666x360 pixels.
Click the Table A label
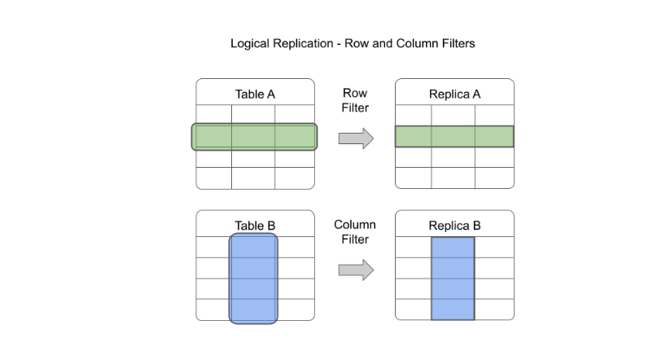click(255, 94)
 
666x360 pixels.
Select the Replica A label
click(454, 94)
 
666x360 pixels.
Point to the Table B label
click(255, 226)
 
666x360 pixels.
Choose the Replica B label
click(454, 226)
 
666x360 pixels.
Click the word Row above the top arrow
click(355, 94)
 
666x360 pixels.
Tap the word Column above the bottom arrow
click(355, 224)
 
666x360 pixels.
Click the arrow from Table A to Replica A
click(356, 138)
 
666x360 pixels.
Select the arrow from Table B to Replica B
click(356, 270)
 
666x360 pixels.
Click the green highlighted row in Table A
click(255, 137)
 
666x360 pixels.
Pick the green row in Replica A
click(454, 137)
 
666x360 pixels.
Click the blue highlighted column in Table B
click(254, 279)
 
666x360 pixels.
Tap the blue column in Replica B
click(453, 279)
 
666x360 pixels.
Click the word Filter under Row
click(355, 108)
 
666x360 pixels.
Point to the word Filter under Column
click(355, 239)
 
